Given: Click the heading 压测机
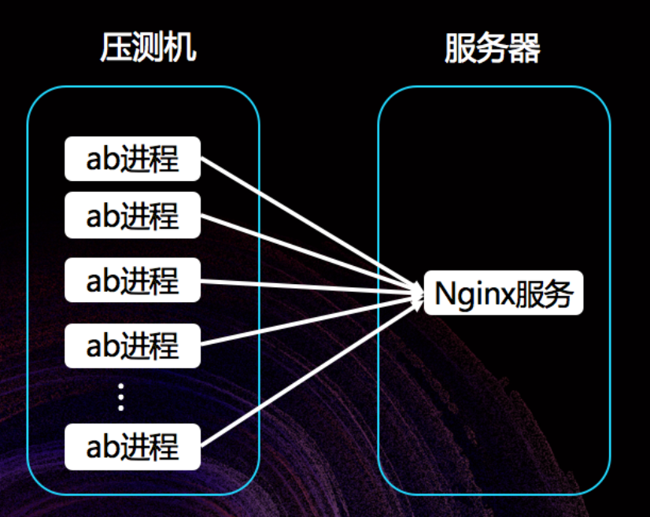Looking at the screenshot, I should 148,49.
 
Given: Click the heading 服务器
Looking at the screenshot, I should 493,49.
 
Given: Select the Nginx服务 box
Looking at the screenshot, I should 504,294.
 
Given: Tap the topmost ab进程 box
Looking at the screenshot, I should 132,158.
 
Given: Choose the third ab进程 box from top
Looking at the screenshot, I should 132,280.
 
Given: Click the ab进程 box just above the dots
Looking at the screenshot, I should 132,345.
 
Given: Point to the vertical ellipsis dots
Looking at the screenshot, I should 121,397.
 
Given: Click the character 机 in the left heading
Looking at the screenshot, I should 181,49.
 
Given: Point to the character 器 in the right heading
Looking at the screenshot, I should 525,49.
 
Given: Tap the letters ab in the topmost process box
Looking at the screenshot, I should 102,159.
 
